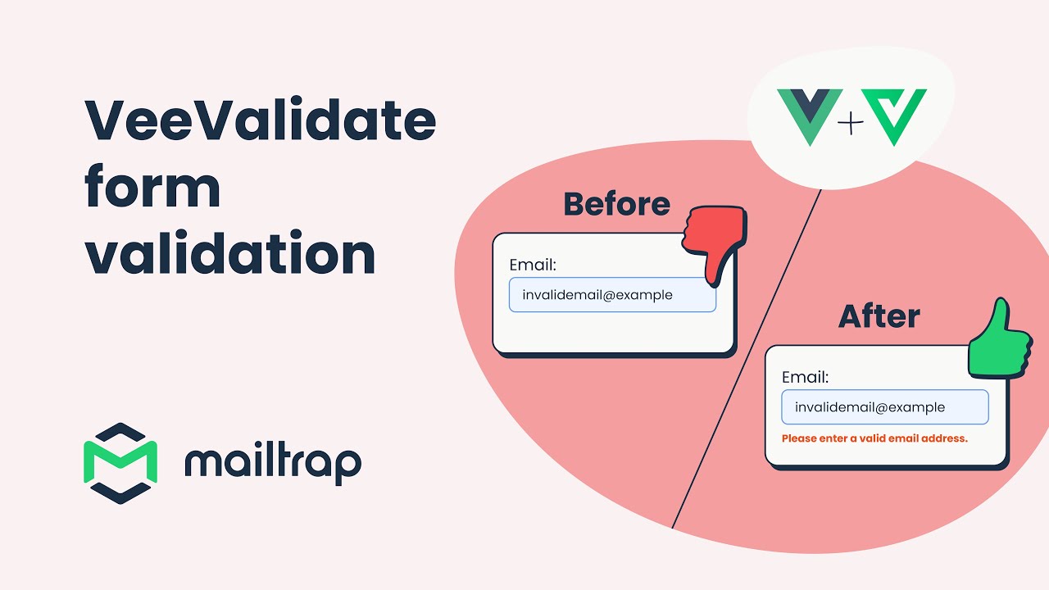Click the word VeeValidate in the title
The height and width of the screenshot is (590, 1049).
pyautogui.click(x=260, y=120)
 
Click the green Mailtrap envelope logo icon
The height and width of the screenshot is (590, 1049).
pyautogui.click(x=120, y=463)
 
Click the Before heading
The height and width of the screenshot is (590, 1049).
pyautogui.click(x=616, y=204)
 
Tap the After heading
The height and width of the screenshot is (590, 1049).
pyautogui.click(x=879, y=316)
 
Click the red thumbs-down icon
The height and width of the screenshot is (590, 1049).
pyautogui.click(x=712, y=242)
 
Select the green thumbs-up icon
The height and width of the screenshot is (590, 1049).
pyautogui.click(x=997, y=343)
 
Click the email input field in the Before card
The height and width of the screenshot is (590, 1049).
pyautogui.click(x=612, y=295)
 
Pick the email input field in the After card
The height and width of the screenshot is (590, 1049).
pyautogui.click(x=884, y=407)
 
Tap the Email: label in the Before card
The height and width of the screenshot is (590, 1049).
pyautogui.click(x=533, y=265)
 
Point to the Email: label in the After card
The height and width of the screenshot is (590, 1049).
pyautogui.click(x=805, y=377)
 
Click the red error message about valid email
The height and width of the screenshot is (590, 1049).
pyautogui.click(x=874, y=438)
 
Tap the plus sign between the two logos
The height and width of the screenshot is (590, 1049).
pyautogui.click(x=851, y=124)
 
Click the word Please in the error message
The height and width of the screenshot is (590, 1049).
pyautogui.click(x=798, y=438)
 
